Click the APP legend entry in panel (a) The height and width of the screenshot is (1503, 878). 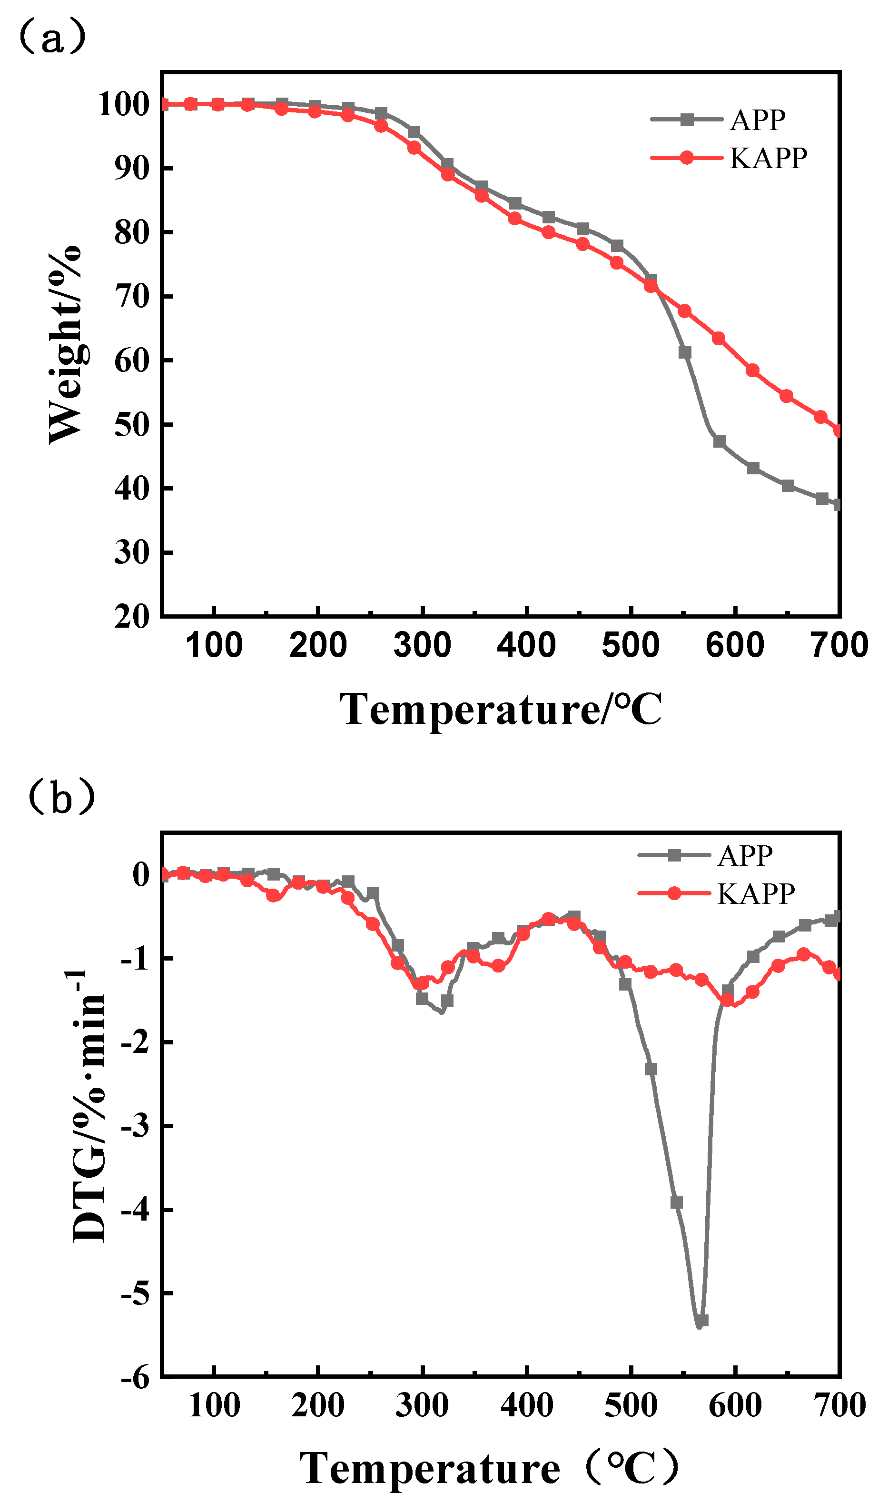point(757,120)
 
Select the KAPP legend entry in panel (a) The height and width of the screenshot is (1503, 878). point(768,158)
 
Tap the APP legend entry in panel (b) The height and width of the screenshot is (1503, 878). point(745,856)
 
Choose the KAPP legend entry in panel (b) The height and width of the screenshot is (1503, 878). point(756,893)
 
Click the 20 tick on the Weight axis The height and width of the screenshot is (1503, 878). point(132,616)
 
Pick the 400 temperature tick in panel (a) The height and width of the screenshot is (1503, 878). point(527,645)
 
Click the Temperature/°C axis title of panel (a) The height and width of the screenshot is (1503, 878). point(501,710)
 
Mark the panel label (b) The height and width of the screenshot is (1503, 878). point(61,798)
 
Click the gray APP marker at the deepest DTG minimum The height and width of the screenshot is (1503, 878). point(702,1321)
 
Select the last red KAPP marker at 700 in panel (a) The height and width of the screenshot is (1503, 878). point(839,431)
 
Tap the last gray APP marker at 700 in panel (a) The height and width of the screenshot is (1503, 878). point(839,505)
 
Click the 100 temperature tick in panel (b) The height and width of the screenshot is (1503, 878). point(214,1405)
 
